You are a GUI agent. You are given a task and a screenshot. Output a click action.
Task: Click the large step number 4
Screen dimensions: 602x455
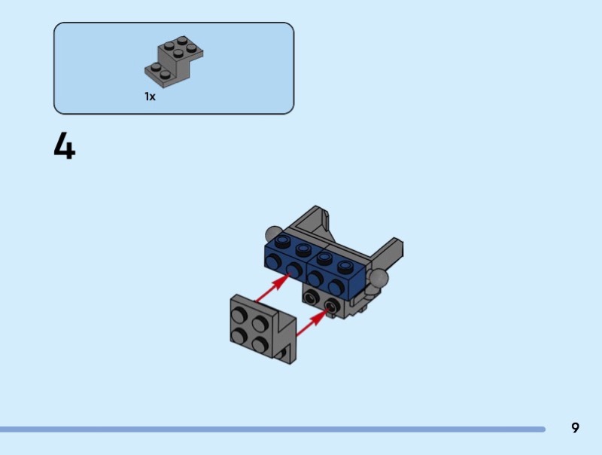pos(65,145)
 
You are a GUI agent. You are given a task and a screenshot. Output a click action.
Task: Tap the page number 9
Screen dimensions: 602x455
pos(575,428)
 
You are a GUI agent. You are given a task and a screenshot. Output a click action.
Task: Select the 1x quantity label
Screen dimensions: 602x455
pos(150,96)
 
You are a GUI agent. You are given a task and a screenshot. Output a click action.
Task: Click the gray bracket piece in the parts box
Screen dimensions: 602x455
pos(174,62)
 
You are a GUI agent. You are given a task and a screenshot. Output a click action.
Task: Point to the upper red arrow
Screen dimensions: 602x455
pos(273,288)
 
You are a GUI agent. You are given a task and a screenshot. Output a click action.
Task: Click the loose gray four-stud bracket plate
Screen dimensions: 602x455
pos(263,329)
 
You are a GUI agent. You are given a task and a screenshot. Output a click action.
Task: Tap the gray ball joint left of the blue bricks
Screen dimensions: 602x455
pos(273,234)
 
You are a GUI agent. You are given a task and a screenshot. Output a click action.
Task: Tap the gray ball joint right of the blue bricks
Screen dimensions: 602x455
pos(378,278)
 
